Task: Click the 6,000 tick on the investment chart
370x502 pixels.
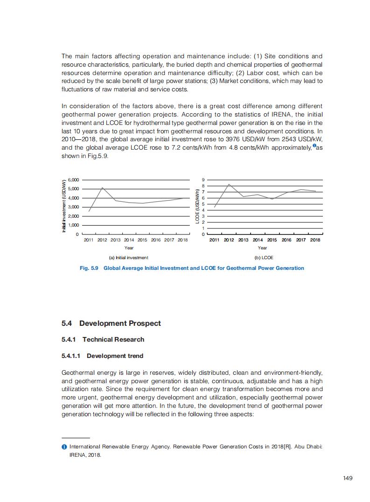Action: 74,179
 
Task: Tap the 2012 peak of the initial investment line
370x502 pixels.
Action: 102,187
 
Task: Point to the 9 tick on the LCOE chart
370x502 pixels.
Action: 203,179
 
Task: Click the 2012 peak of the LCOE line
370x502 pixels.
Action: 229,184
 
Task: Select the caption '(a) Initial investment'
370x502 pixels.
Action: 128,258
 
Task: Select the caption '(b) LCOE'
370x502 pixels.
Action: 264,258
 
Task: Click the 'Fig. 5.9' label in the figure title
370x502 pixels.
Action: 89,268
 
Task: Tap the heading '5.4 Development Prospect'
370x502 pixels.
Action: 111,323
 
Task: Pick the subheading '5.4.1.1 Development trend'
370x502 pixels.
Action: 102,356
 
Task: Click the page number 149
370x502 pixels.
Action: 347,478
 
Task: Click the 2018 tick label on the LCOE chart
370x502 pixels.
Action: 315,240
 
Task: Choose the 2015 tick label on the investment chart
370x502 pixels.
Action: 142,240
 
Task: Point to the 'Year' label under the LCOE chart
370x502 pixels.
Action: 262,248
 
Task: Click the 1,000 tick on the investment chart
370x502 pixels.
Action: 74,225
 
